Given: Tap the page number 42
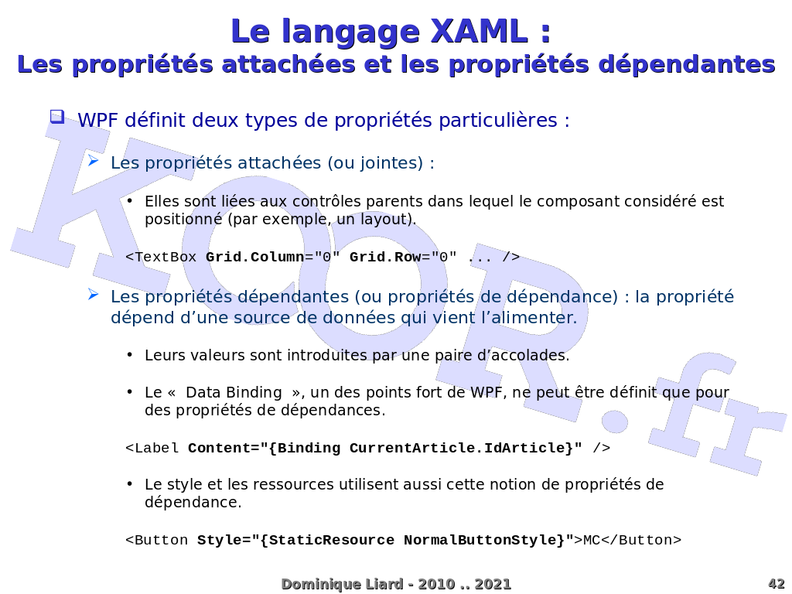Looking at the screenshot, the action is point(777,585).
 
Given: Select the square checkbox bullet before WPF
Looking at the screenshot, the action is point(57,117).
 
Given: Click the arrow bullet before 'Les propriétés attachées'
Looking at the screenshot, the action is point(93,161).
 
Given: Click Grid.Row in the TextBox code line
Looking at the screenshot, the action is point(385,257).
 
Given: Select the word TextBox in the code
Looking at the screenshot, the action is point(166,257).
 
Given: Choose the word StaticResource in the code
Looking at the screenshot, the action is point(331,540).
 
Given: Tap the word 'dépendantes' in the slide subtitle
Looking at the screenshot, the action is point(687,65).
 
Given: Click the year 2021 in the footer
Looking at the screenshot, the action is point(493,585).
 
